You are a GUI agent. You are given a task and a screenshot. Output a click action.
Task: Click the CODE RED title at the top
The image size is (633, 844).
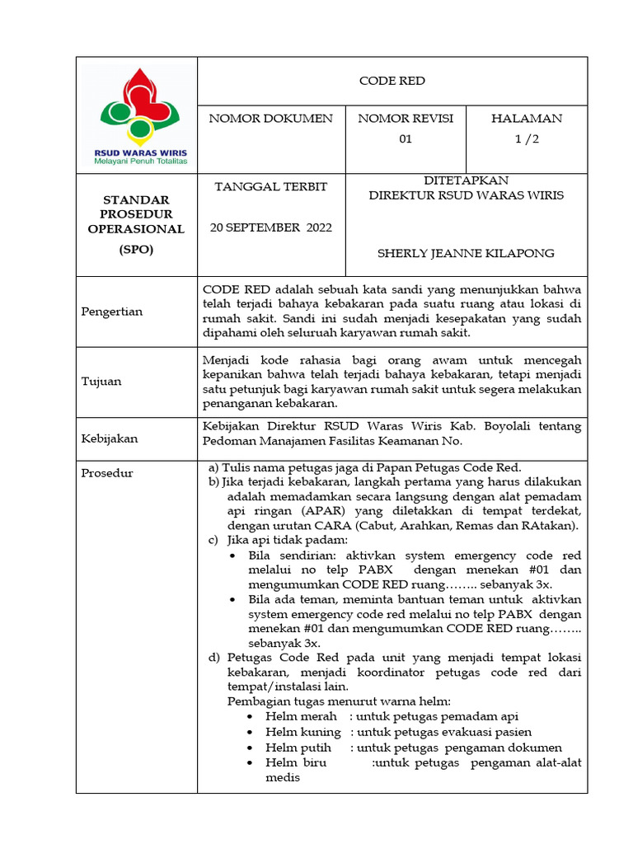tap(392, 81)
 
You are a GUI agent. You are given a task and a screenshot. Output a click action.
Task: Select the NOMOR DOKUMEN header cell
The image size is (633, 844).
tap(271, 119)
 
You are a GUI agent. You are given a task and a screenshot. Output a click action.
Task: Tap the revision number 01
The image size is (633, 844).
tap(406, 139)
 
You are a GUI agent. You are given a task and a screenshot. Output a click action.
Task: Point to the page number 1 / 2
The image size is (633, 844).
tap(527, 139)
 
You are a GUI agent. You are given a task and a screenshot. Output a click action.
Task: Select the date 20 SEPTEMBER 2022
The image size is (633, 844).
tap(270, 227)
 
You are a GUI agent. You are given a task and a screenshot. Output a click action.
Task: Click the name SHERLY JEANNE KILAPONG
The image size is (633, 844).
tap(466, 253)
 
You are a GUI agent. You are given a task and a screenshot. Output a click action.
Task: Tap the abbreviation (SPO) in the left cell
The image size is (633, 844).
tap(136, 249)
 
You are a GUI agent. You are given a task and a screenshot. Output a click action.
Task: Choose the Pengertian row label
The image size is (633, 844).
tap(112, 312)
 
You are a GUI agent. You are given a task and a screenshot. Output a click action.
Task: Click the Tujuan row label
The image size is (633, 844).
tap(101, 382)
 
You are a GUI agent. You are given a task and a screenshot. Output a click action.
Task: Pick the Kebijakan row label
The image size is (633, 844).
tap(110, 439)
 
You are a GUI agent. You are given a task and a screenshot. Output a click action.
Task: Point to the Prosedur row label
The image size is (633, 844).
tap(106, 473)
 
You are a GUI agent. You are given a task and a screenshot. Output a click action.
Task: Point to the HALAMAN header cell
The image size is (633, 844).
tap(527, 119)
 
